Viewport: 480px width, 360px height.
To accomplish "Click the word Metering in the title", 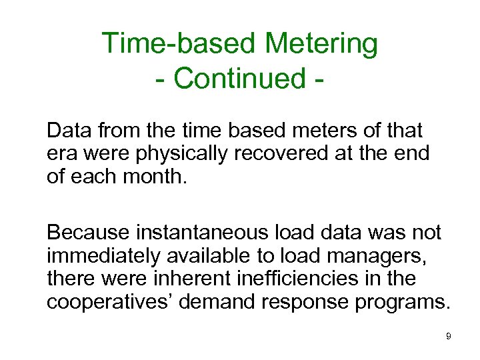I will (321, 45).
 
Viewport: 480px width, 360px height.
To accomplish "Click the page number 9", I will (449, 336).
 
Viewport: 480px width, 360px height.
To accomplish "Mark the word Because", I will (88, 233).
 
